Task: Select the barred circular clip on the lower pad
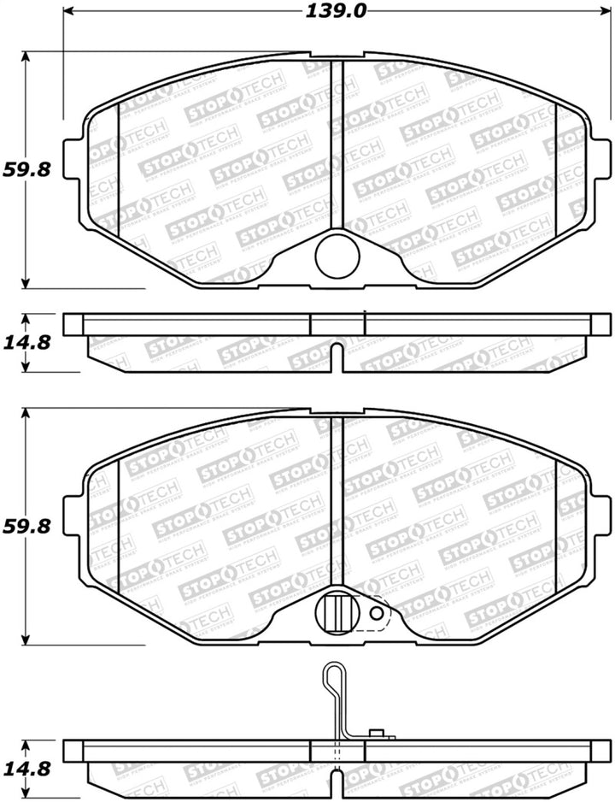(x=335, y=611)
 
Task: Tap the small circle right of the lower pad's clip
(x=375, y=613)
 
